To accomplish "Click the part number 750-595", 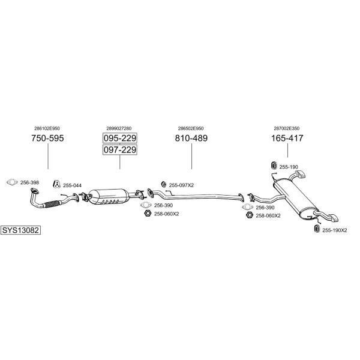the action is [x=47, y=138].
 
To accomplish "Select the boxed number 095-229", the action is [x=120, y=138].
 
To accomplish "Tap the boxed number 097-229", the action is [x=120, y=149].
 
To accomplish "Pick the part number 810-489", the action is [x=191, y=138].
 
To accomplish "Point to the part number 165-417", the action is [x=287, y=138].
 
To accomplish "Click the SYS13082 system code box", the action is [x=20, y=230].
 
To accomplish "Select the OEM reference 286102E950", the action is [x=47, y=128].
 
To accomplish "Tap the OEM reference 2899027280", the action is [x=119, y=128].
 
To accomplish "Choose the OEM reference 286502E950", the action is [x=191, y=128].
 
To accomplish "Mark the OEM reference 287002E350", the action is [x=287, y=128].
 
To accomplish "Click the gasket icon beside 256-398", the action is [x=12, y=182].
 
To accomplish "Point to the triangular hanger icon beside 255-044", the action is [x=56, y=184].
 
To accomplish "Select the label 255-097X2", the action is [x=181, y=185].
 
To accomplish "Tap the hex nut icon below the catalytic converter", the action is [x=148, y=214].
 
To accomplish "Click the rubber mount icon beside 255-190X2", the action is [x=317, y=229].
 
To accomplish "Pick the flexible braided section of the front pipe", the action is [x=52, y=204].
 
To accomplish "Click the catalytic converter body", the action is [x=109, y=197].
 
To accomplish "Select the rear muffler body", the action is [x=295, y=199].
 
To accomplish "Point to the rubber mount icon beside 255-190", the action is [x=274, y=166].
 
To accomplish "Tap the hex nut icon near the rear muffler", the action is [x=250, y=215].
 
